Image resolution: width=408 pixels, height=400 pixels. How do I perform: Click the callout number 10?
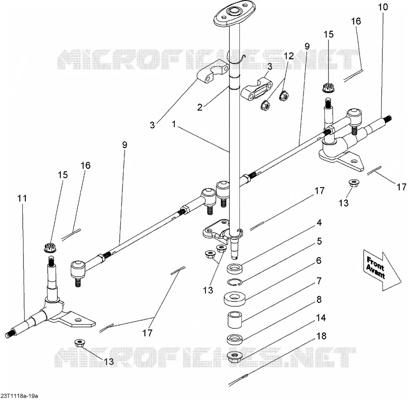383,7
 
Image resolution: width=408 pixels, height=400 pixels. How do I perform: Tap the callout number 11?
22,198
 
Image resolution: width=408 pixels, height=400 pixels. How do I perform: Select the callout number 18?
321,336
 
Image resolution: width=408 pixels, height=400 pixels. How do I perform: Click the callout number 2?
200,107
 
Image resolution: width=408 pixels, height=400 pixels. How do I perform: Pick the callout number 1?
174,124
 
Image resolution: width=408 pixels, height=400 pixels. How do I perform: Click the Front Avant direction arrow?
382,270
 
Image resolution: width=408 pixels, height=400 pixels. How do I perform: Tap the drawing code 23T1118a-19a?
19,396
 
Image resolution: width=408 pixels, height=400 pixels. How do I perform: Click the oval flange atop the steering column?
231,14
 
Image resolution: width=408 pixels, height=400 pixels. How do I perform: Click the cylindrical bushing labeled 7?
235,320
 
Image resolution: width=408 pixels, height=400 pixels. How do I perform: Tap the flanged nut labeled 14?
235,356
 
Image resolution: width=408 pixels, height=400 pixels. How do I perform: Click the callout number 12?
289,56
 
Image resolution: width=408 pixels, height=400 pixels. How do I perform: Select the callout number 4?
319,223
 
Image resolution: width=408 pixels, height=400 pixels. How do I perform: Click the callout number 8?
319,299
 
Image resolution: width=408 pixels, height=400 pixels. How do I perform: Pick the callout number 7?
319,281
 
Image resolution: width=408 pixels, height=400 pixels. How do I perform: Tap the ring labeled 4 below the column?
235,268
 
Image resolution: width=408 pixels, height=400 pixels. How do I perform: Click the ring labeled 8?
235,339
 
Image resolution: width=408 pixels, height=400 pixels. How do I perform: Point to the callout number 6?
319,261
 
